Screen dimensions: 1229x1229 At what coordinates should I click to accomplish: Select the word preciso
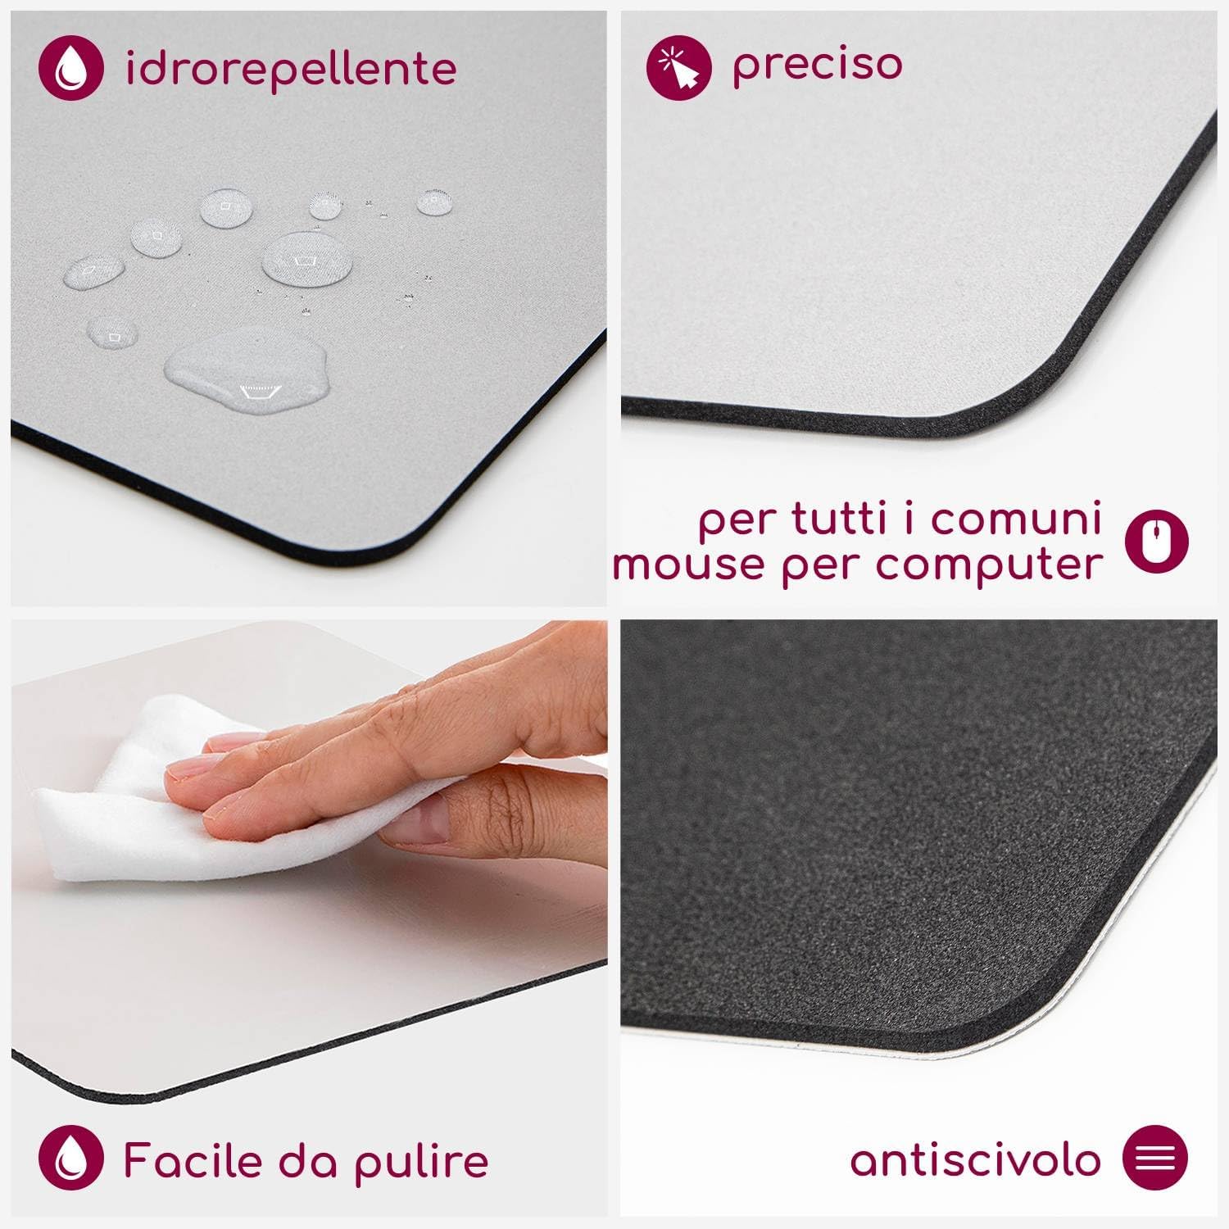817,65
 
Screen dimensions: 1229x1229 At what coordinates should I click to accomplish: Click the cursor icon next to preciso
679,65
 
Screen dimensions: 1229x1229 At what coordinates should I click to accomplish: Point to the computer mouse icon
1157,541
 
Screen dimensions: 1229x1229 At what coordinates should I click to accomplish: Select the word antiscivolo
975,1159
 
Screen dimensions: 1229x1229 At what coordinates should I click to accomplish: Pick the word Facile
194,1160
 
